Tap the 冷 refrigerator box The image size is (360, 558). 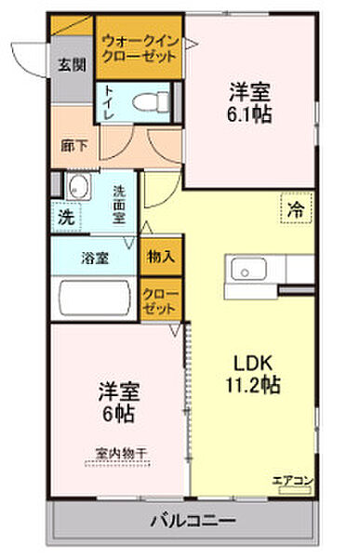[295, 209]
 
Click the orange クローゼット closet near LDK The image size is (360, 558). [159, 299]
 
